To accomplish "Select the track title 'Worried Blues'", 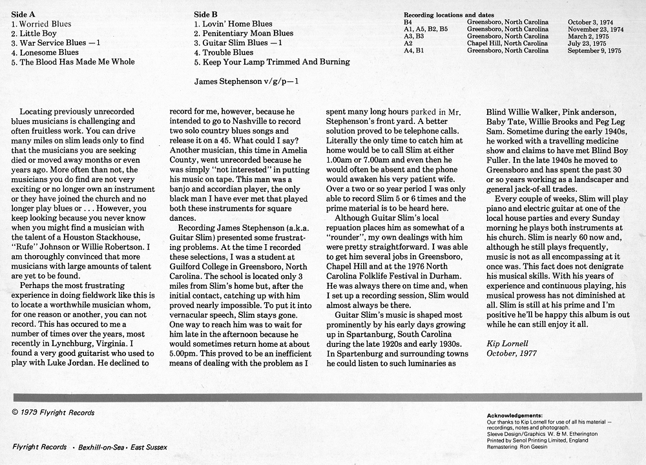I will (45, 24).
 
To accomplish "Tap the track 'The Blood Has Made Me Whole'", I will (77, 62).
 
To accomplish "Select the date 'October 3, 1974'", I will (590, 22).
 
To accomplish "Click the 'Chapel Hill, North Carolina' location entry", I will (507, 43).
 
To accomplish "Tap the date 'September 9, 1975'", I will (594, 50).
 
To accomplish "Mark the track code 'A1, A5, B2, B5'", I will (426, 29).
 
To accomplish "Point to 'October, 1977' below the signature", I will (510, 353).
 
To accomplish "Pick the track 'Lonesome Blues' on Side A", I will (45, 52).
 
